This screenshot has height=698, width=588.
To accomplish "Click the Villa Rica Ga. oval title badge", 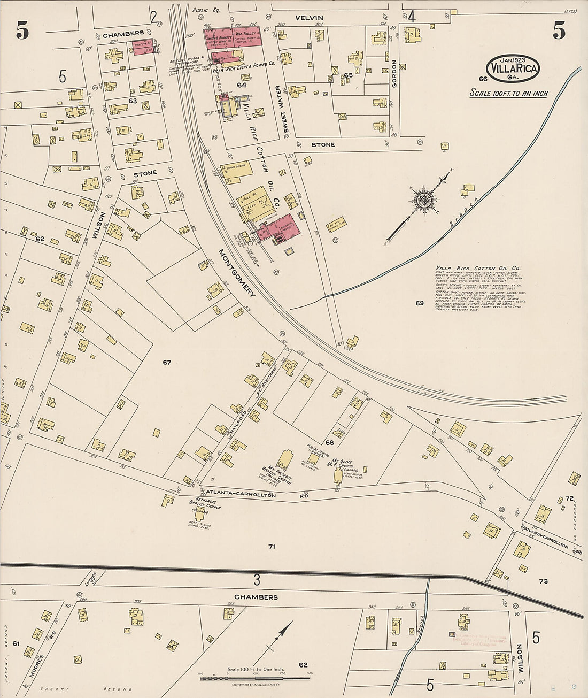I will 513,68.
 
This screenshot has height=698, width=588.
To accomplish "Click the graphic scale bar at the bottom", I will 255,678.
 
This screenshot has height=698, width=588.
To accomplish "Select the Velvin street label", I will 310,18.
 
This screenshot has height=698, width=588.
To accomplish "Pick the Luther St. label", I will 89,580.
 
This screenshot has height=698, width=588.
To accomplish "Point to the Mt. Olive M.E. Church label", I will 345,463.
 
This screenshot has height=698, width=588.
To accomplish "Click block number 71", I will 272,547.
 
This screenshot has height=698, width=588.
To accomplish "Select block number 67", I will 167,363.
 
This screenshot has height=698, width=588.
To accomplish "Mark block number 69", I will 420,303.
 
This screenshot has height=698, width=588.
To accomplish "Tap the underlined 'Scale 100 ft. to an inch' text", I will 508,93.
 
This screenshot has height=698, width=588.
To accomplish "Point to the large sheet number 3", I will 257,580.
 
